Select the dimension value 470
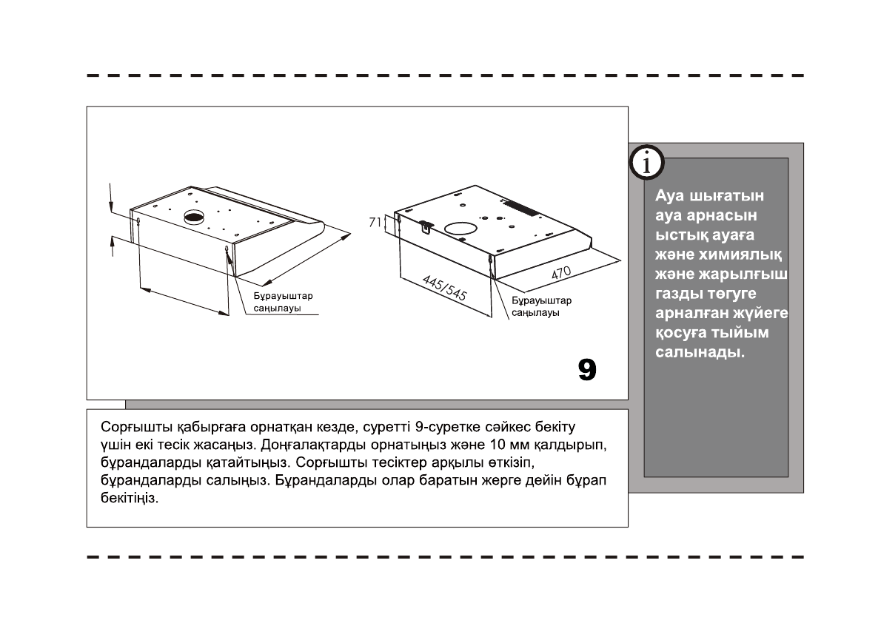point(561,272)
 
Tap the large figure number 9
point(586,369)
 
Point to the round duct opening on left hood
point(194,218)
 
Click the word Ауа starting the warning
point(670,197)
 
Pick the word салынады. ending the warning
point(700,352)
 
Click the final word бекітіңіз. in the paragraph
point(130,499)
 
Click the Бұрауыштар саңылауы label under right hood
point(541,306)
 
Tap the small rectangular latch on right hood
point(426,226)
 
